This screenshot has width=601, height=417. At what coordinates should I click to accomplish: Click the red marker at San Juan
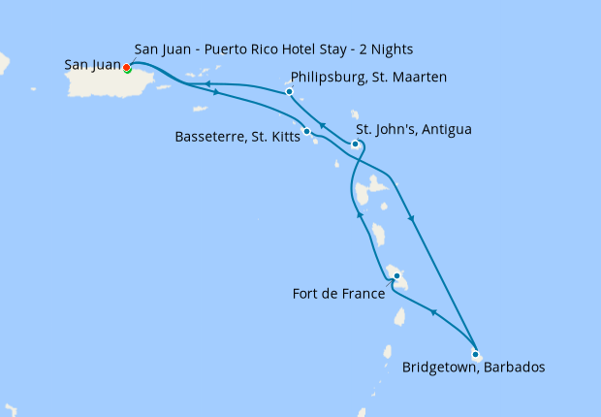[126, 67]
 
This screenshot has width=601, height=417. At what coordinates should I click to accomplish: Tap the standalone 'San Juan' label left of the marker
[92, 66]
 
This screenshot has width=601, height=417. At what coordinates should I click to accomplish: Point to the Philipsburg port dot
[289, 92]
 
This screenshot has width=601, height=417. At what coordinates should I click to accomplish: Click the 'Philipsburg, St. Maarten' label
[368, 78]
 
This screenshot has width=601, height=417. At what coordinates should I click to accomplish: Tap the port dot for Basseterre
[306, 131]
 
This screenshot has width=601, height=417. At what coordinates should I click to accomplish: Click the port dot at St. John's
[355, 144]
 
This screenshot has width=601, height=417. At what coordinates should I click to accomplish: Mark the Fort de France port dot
[396, 276]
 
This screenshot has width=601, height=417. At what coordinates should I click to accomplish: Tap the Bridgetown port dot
[474, 354]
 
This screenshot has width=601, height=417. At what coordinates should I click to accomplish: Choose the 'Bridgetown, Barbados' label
[473, 369]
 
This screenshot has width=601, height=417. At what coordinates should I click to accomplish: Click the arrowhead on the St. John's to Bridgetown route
[412, 218]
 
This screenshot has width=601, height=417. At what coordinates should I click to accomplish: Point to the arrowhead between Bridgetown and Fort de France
[432, 313]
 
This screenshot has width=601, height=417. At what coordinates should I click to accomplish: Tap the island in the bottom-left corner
[9, 409]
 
